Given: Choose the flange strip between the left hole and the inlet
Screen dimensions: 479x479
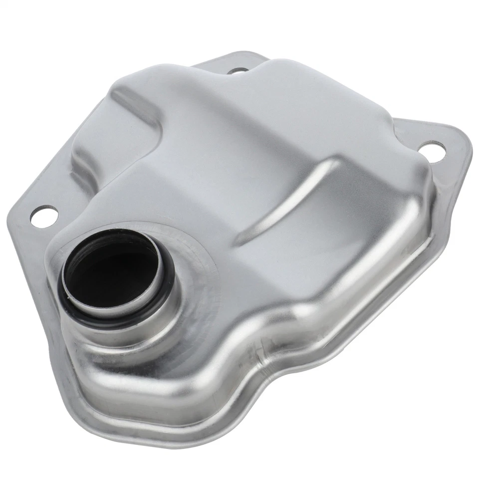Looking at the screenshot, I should coord(45,249).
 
